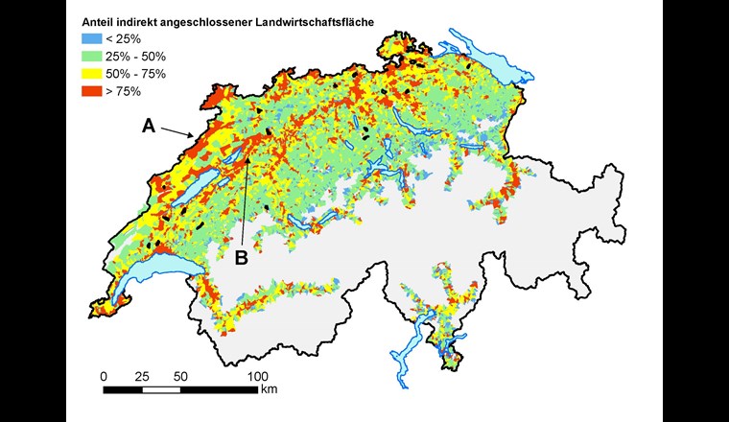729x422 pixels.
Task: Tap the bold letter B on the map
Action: tap(242, 256)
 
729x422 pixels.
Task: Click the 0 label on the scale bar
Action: tap(105, 375)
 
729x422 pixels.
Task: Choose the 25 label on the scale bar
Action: tap(143, 375)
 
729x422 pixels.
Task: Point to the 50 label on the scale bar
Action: tap(181, 375)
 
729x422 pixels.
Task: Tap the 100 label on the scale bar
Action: tap(257, 375)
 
